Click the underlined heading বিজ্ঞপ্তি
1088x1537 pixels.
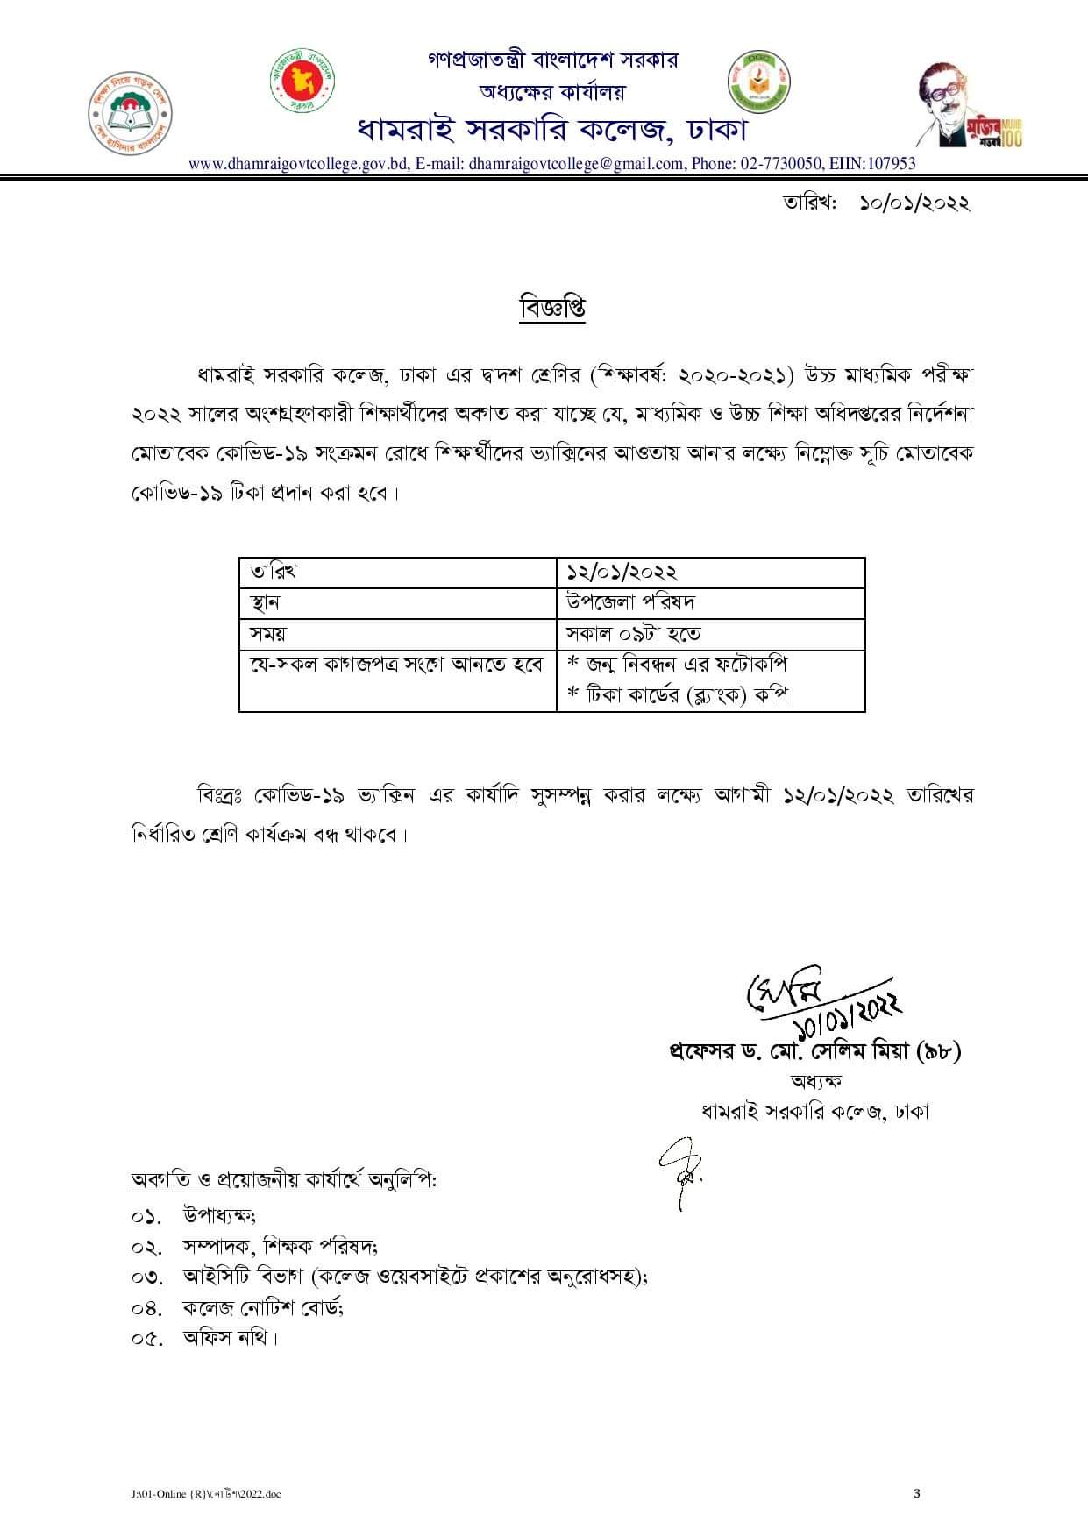(552, 309)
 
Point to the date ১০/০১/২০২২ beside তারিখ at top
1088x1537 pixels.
(914, 203)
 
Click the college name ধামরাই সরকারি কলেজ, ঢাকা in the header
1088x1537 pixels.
(552, 130)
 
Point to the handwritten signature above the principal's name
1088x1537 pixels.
(820, 1000)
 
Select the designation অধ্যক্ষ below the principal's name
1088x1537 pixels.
(815, 1082)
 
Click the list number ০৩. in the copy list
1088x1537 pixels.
(147, 1277)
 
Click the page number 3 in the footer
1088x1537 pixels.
(917, 1493)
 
